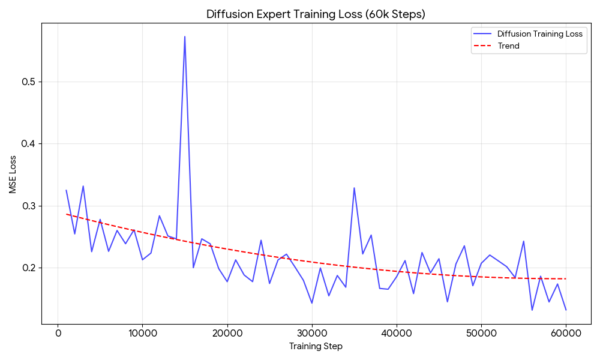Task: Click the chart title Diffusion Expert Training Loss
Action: coord(316,14)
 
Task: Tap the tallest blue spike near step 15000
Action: coord(185,37)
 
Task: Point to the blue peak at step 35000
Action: coord(354,188)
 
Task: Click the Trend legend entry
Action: coord(508,46)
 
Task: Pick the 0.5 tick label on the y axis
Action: coord(29,82)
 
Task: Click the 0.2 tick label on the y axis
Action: coord(29,268)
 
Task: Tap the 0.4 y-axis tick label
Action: coord(29,144)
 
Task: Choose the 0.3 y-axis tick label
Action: coord(29,206)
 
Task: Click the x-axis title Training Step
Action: coord(316,346)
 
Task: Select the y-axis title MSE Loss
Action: coord(13,175)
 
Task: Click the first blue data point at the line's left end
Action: coord(66,190)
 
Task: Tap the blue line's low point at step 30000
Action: coord(312,303)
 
